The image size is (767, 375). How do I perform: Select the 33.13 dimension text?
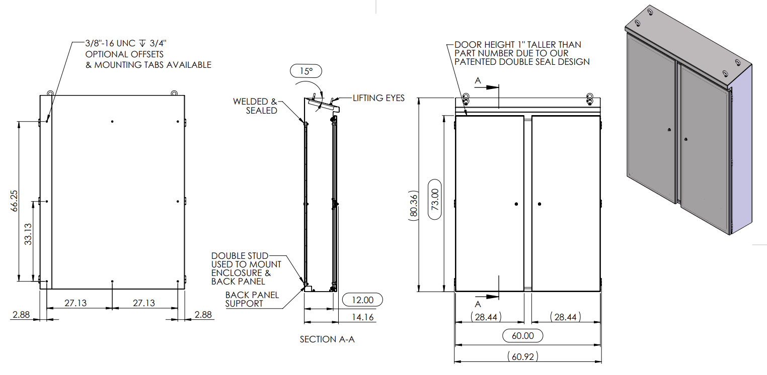tap(29, 234)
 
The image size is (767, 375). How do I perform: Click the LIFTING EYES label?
tap(378, 98)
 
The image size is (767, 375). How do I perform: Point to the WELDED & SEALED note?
tap(255, 106)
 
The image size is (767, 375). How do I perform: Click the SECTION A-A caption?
tap(327, 339)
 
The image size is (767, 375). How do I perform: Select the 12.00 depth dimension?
tap(362, 300)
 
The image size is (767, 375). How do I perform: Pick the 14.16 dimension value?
tap(362, 317)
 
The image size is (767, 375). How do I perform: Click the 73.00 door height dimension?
tap(436, 199)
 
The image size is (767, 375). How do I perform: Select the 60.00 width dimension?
tap(523, 336)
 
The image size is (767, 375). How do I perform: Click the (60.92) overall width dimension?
tap(523, 357)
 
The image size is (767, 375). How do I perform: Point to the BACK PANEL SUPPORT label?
tap(252, 299)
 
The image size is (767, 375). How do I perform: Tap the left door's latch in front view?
tap(516, 204)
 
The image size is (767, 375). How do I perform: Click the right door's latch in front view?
tap(540, 204)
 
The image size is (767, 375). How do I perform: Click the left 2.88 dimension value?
tap(22, 315)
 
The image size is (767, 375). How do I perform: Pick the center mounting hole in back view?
tap(113, 201)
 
